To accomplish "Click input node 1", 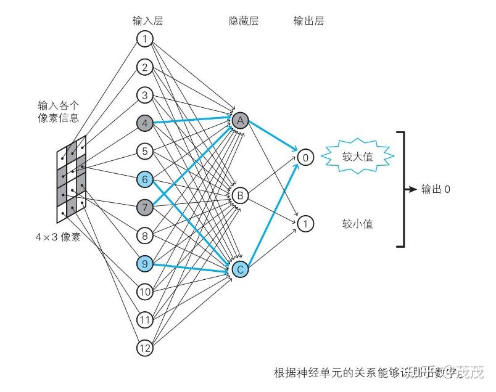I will [x=144, y=39].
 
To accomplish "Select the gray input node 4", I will [x=144, y=123].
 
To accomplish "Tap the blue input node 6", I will [x=144, y=179].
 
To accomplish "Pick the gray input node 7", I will [x=144, y=207].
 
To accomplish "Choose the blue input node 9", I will [x=144, y=264].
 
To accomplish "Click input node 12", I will [x=144, y=348].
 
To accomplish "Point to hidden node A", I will [x=240, y=120].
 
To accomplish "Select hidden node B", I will [x=240, y=196].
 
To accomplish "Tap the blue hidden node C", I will [x=240, y=269].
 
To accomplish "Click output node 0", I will [x=305, y=157].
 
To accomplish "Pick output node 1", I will [x=305, y=223].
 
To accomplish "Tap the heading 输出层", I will [x=308, y=21].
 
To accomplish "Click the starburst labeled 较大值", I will [x=358, y=157].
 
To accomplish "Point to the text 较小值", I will [x=358, y=224].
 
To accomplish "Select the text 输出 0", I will [x=436, y=189].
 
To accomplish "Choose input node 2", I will [x=144, y=67].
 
